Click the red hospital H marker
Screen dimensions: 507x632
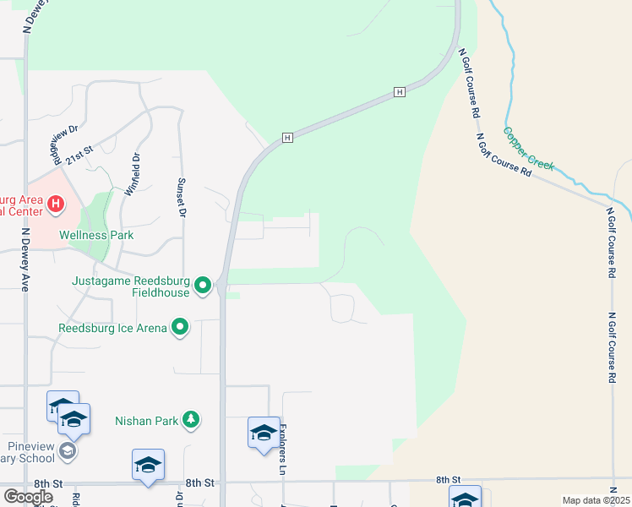pos(56,204)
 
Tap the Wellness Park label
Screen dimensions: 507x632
pos(84,235)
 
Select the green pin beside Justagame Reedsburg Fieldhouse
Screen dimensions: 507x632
pos(203,286)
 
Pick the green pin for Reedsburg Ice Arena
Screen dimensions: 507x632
pos(180,326)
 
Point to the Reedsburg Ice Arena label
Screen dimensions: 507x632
pos(112,327)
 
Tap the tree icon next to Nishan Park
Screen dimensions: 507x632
pos(192,419)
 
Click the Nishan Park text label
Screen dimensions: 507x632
pos(146,419)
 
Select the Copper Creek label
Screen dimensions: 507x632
pos(528,148)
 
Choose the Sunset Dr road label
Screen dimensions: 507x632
pos(180,196)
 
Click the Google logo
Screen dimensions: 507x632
pos(28,497)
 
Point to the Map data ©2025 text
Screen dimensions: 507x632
pos(596,500)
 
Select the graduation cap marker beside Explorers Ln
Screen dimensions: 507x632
pos(264,433)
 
